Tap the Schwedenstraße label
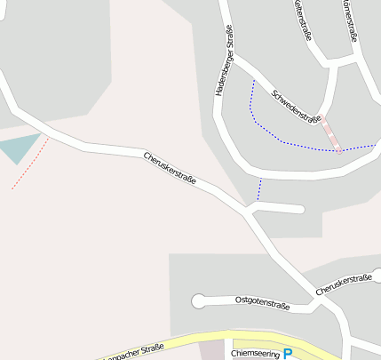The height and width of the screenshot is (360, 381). click(296, 106)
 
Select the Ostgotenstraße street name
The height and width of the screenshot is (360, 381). click(262, 302)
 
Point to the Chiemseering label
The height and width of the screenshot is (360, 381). click(255, 353)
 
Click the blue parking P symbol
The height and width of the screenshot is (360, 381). click(287, 354)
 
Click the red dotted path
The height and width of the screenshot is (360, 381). click(29, 164)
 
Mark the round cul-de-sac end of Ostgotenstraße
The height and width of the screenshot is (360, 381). click(198, 300)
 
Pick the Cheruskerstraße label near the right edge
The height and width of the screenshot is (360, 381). click(343, 284)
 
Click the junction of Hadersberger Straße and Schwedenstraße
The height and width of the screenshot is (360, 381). click(233, 60)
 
